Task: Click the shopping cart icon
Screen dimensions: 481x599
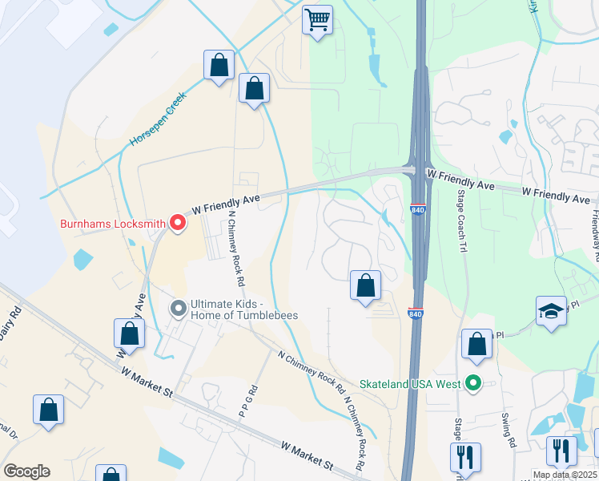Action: tap(317, 18)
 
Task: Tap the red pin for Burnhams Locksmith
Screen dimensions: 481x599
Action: tap(176, 224)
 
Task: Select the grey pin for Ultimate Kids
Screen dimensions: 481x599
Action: tap(178, 309)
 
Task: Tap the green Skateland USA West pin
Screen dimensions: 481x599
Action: tap(473, 384)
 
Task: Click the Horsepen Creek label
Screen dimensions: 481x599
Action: tap(158, 119)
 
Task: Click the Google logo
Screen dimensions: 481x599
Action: tap(26, 471)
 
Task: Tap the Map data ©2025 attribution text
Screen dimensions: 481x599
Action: tap(564, 475)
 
